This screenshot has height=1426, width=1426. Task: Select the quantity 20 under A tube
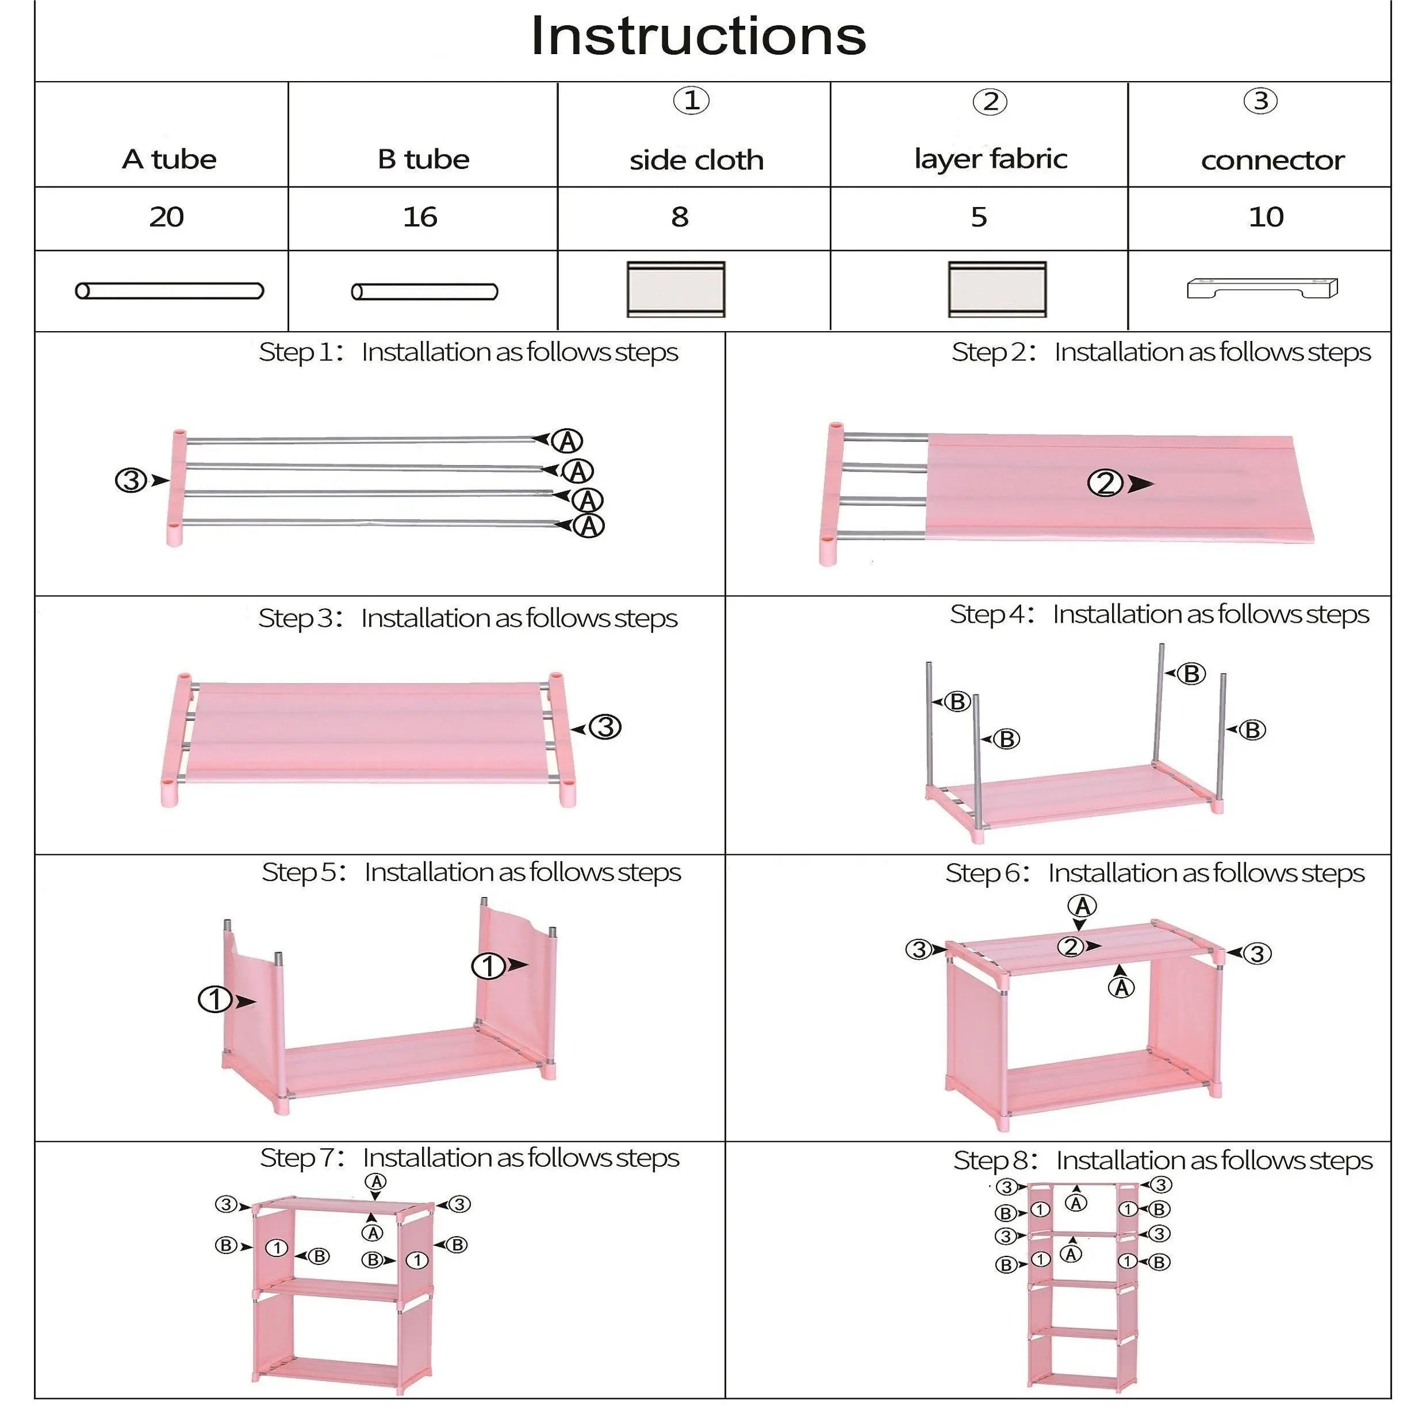tap(166, 217)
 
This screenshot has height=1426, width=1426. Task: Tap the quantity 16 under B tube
tap(420, 217)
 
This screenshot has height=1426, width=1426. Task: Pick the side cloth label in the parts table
tap(696, 159)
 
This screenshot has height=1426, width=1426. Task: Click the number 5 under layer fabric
tap(979, 217)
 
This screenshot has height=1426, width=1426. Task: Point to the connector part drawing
tap(1262, 288)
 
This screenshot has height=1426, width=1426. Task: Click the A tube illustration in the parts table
tap(169, 291)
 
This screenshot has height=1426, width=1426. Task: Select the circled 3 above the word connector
tap(1260, 101)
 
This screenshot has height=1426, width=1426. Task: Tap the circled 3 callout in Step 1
tap(131, 481)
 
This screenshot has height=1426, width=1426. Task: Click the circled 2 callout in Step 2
tap(1105, 484)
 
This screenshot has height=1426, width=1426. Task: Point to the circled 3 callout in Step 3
tap(606, 727)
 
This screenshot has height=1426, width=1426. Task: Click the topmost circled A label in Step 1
tap(568, 442)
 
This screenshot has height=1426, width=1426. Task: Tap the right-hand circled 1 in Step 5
tap(488, 965)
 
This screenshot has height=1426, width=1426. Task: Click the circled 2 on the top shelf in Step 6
tap(1071, 947)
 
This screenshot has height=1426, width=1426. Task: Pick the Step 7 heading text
tap(469, 1157)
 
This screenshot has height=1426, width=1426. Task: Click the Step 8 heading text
tap(1163, 1160)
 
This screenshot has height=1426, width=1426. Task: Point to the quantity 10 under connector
tap(1266, 217)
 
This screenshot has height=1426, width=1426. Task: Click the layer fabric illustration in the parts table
tap(997, 289)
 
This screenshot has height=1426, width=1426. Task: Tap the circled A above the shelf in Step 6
tap(1082, 906)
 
